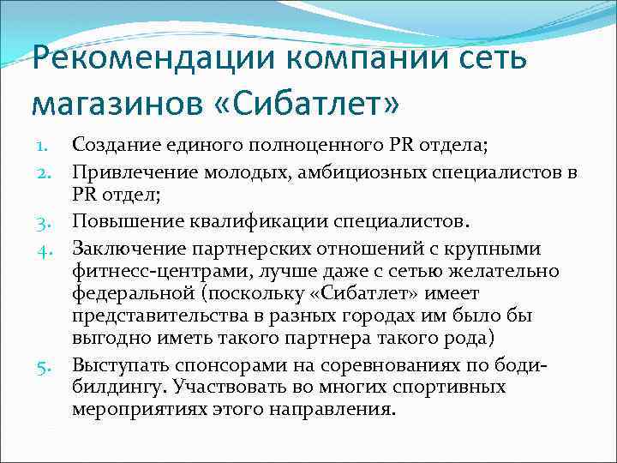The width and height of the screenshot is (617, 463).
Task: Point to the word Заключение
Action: tap(126, 250)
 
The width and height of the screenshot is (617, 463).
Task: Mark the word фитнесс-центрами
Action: tap(148, 272)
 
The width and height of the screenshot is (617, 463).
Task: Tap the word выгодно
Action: tap(106, 339)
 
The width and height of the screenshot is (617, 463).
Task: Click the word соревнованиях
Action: tap(385, 366)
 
